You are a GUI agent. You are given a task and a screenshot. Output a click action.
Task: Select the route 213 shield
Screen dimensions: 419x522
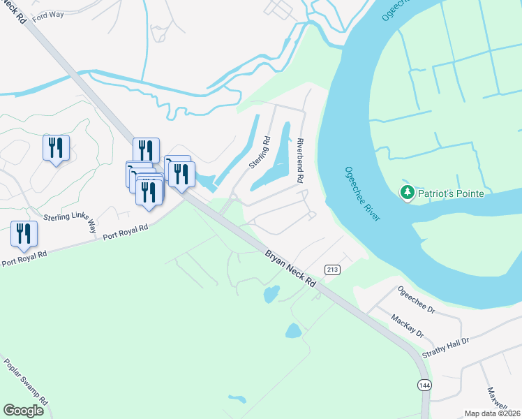pos(332,270)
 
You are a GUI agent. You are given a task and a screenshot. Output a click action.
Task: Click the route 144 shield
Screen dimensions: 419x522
pos(423,385)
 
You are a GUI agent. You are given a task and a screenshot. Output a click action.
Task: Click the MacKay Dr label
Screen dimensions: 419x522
pos(408,325)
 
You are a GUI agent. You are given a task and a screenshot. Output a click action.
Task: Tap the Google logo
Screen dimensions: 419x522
pos(23,410)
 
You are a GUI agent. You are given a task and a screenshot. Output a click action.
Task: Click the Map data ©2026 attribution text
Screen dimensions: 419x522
pos(492,413)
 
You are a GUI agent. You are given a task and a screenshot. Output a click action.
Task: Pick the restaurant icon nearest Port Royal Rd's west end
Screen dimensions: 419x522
pos(24,234)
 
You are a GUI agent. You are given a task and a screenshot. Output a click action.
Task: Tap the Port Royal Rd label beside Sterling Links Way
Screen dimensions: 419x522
pos(125,231)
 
